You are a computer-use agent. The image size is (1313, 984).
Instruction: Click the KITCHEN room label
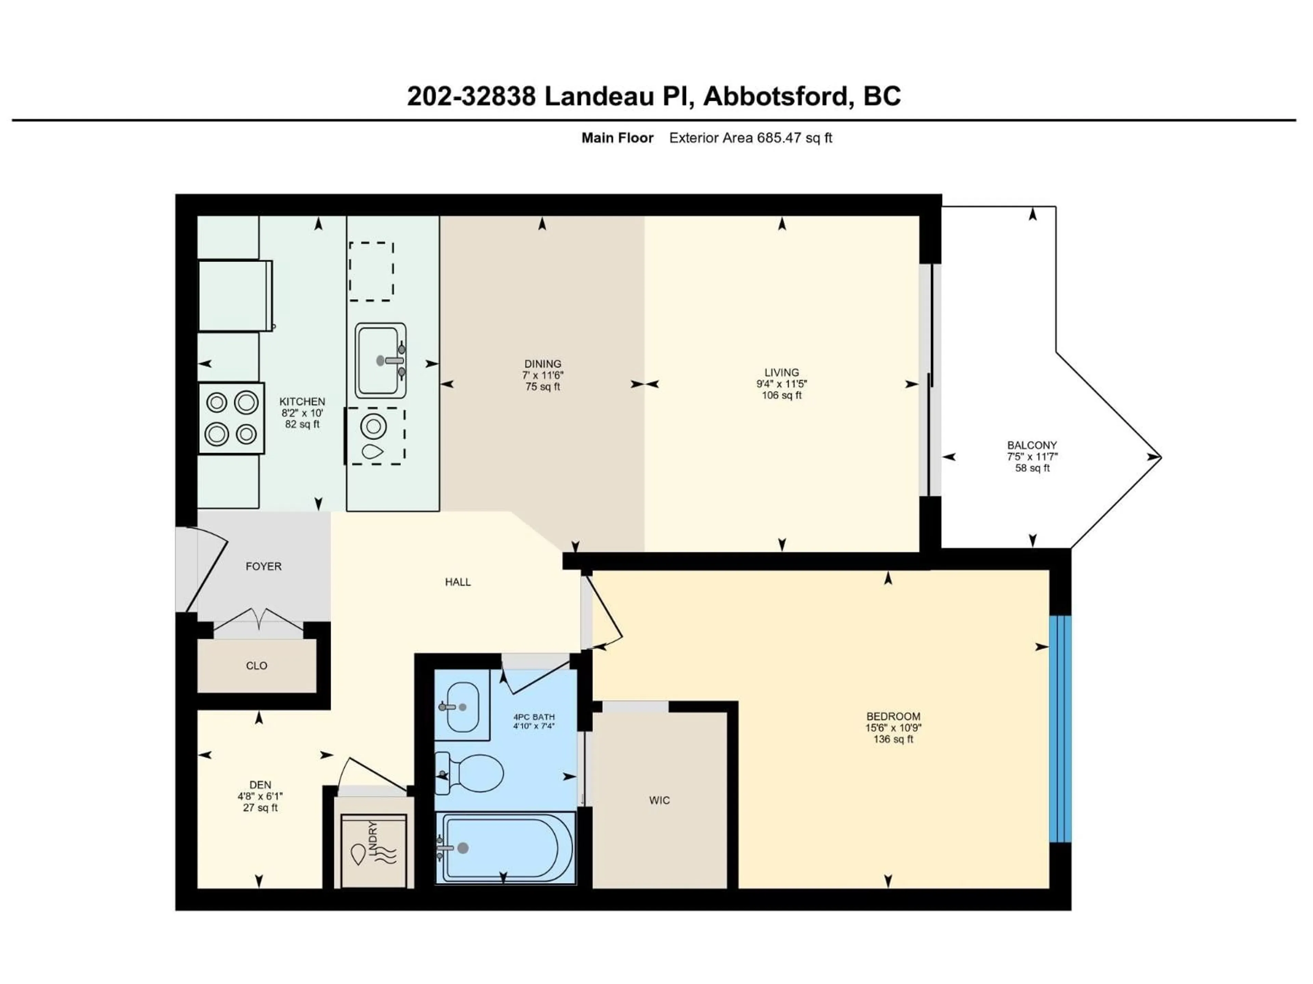tap(302, 401)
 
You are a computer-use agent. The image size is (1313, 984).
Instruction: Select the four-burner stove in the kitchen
tap(231, 418)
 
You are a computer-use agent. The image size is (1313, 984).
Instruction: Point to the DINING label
tap(543, 364)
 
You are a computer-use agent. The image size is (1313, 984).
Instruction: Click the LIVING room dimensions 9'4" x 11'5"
tap(782, 384)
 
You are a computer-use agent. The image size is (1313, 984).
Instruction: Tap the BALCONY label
tap(1032, 445)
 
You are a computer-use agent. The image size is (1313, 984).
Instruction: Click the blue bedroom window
tap(1060, 729)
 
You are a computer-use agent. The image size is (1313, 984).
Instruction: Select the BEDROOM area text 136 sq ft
tap(893, 739)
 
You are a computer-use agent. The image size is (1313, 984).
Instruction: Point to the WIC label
tap(660, 800)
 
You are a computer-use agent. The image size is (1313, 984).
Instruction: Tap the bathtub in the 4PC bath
tap(505, 848)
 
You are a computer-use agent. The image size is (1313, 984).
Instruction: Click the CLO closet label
tap(256, 666)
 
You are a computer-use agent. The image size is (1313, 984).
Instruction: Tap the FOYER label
tap(264, 566)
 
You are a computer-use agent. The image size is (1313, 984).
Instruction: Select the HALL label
tap(457, 582)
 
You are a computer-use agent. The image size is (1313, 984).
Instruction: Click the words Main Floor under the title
tap(617, 138)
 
